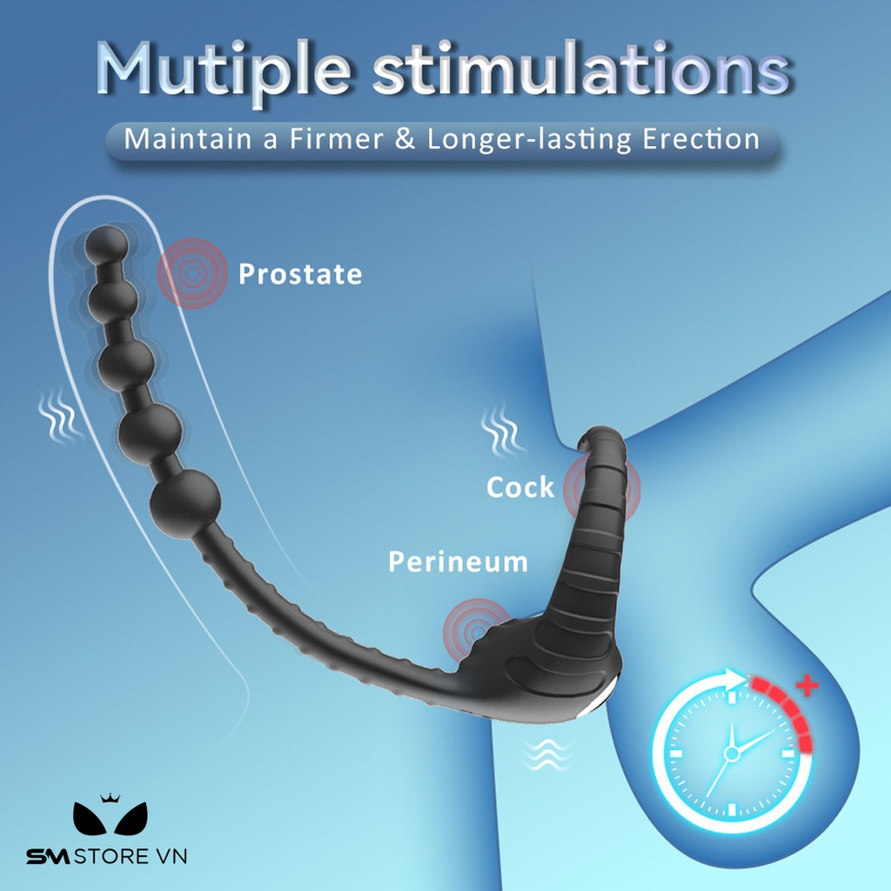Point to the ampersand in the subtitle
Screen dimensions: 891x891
click(x=405, y=139)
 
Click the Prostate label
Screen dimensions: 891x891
click(x=300, y=275)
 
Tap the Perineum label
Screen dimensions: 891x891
click(x=458, y=562)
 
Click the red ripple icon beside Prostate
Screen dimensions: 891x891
click(x=191, y=273)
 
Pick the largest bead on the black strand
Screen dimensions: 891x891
click(x=184, y=504)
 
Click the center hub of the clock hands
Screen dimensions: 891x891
click(x=732, y=754)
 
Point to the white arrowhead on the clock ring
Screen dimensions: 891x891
click(x=737, y=680)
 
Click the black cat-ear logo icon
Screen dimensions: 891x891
click(x=109, y=819)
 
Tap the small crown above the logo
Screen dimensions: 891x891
click(x=109, y=797)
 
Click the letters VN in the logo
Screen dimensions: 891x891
click(x=171, y=857)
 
